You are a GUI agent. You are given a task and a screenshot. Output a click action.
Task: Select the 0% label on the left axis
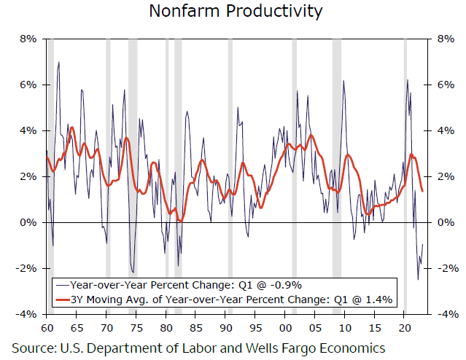(28, 222)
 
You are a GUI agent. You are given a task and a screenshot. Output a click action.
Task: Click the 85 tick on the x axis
(196, 328)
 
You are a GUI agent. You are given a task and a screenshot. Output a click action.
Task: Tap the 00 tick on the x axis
(287, 328)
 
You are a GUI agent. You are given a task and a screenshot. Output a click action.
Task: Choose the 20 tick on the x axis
(405, 328)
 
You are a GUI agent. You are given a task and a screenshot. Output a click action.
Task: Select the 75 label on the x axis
(136, 328)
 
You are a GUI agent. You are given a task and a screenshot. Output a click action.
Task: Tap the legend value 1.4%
(379, 299)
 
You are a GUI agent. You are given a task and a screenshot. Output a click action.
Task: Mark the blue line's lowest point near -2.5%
(418, 279)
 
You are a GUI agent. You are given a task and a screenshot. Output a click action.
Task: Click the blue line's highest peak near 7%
(58, 63)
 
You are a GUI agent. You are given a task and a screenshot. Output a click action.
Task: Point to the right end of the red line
(422, 191)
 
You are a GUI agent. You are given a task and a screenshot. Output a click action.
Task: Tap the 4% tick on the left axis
(28, 131)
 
